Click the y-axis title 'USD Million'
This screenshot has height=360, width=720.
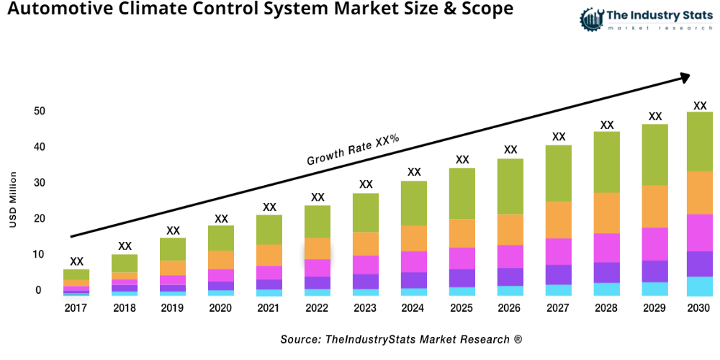coord(12,199)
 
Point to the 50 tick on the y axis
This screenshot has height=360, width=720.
coord(38,111)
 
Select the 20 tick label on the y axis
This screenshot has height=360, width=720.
coord(38,218)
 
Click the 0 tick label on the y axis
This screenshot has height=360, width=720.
coord(38,290)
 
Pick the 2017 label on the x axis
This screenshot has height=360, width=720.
coord(76,308)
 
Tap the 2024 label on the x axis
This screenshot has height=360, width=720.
coord(414,308)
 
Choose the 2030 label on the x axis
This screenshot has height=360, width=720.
coord(699,308)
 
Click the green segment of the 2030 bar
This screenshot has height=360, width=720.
coord(699,141)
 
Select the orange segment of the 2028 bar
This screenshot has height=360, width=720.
coord(607,212)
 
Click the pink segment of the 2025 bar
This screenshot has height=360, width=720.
coord(462,258)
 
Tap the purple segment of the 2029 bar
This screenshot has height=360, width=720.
coord(654,271)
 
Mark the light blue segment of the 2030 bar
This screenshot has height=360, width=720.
coord(699,286)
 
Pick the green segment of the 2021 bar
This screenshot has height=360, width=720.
coord(269,230)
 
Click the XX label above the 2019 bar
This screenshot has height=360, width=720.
coord(173,230)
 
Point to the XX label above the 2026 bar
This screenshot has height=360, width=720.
coord(510,150)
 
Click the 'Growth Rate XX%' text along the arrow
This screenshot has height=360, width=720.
coord(353,150)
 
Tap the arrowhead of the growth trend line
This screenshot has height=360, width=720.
coord(685,76)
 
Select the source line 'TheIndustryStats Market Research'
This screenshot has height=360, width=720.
coord(401,339)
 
